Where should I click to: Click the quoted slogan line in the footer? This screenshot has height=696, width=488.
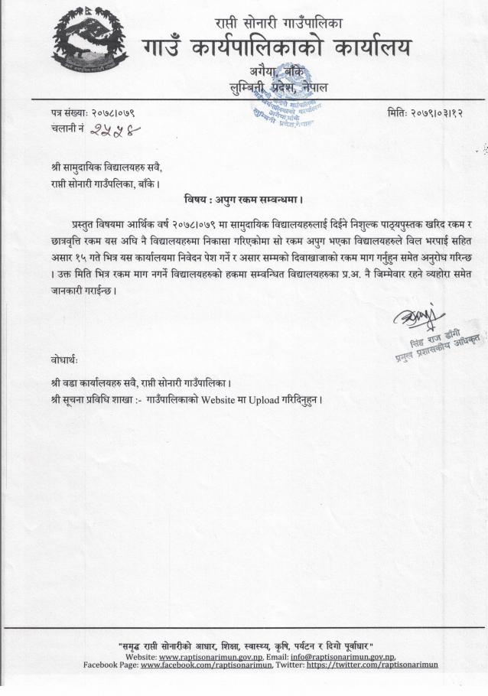pos(245,646)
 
